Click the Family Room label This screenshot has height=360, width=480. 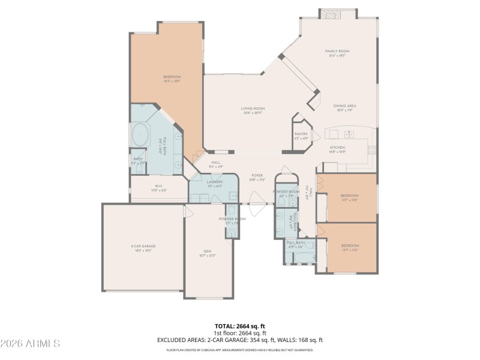337,52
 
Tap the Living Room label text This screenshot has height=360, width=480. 254,109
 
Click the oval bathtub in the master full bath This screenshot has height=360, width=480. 141,135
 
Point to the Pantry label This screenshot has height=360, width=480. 301,134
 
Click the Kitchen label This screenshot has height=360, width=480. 337,148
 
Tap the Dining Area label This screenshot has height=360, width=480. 345,106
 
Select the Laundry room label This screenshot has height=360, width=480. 215,182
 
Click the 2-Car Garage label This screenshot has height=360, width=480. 143,247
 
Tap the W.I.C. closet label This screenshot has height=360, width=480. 159,186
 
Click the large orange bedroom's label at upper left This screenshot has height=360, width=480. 172,77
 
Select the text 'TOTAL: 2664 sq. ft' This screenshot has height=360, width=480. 240,326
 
